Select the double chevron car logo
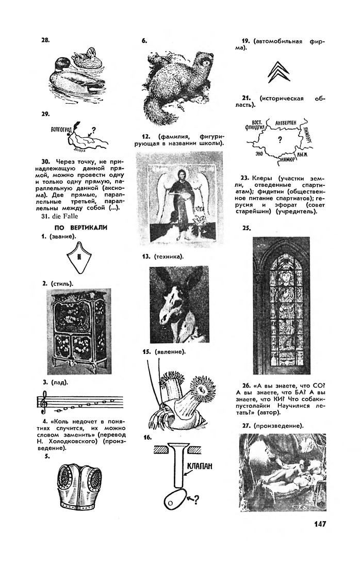(278, 72)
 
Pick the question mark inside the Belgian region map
(279, 140)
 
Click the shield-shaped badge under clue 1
(79, 258)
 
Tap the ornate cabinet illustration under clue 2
(78, 331)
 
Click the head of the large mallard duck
(60, 64)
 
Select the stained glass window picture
(281, 305)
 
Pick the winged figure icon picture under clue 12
(179, 199)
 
